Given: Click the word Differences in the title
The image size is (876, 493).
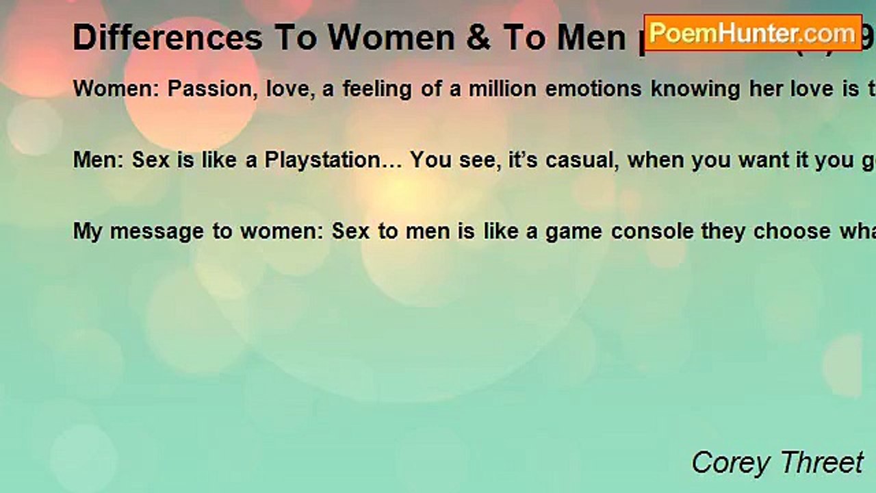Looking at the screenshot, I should [168, 38].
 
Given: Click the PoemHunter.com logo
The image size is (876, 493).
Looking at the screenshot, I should [753, 33].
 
